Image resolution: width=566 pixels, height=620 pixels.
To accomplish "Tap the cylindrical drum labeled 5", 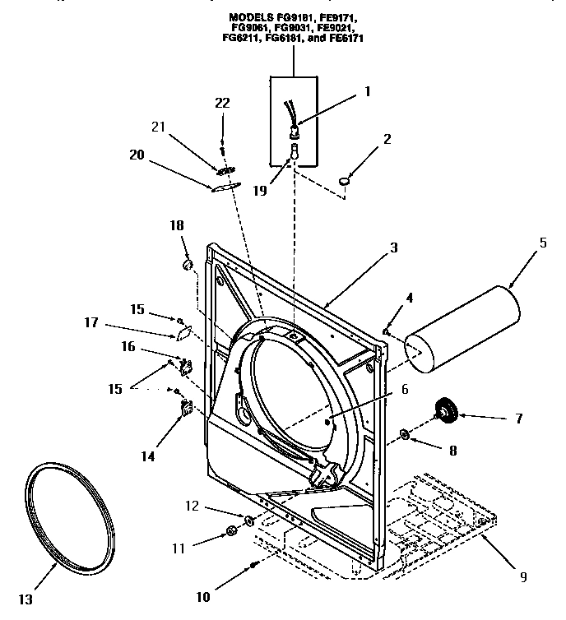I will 464,326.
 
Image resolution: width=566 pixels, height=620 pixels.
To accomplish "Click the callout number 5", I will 542,243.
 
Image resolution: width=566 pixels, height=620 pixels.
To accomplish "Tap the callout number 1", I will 368,91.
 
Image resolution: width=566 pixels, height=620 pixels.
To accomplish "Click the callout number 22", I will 221,103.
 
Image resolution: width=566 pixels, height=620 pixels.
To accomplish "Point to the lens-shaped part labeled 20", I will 222,187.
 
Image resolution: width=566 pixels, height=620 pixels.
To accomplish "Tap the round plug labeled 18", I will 187,265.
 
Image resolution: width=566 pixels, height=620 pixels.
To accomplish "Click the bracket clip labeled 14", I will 185,407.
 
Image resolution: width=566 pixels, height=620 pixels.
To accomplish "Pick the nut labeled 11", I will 231,534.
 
